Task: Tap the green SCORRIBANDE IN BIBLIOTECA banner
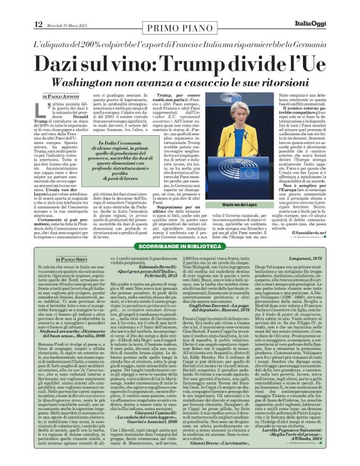pos(179,246)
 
